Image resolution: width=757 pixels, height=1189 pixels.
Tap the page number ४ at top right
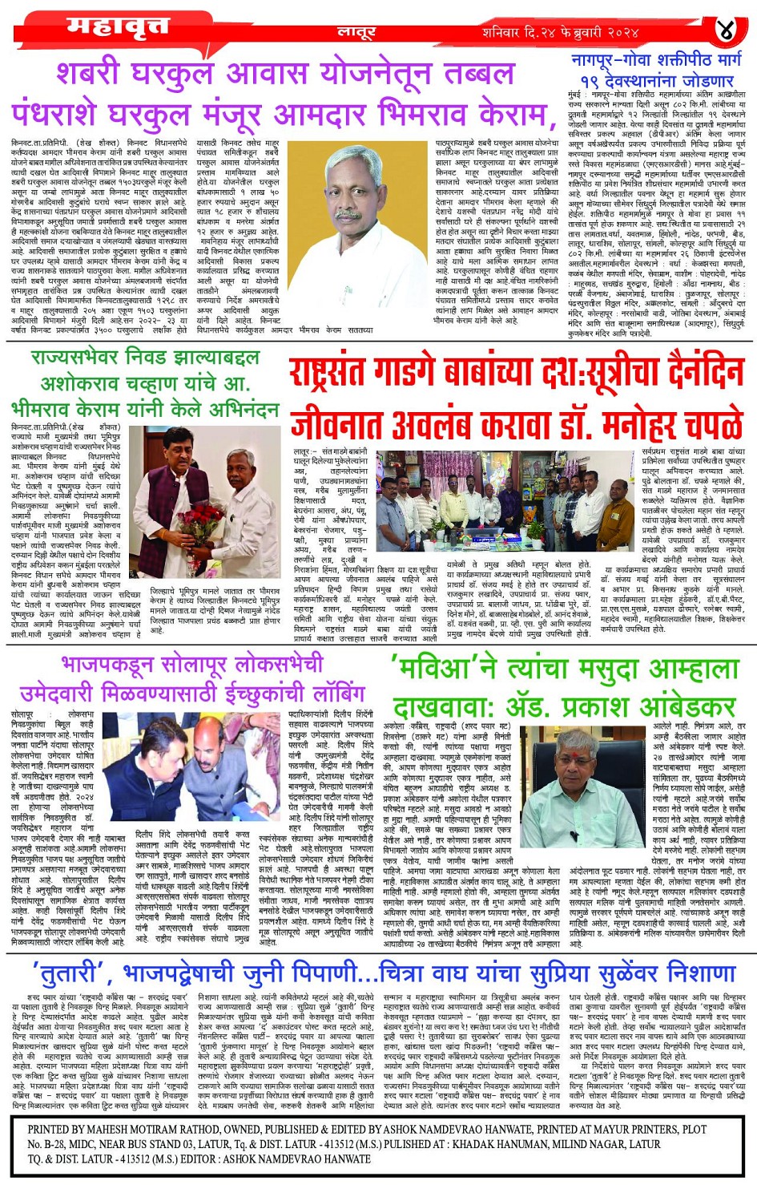(x=725, y=31)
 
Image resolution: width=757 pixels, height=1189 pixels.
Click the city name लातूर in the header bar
(x=356, y=33)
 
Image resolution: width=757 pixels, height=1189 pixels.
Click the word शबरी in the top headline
(x=100, y=75)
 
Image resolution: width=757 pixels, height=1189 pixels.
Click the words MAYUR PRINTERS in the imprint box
(x=614, y=1129)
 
